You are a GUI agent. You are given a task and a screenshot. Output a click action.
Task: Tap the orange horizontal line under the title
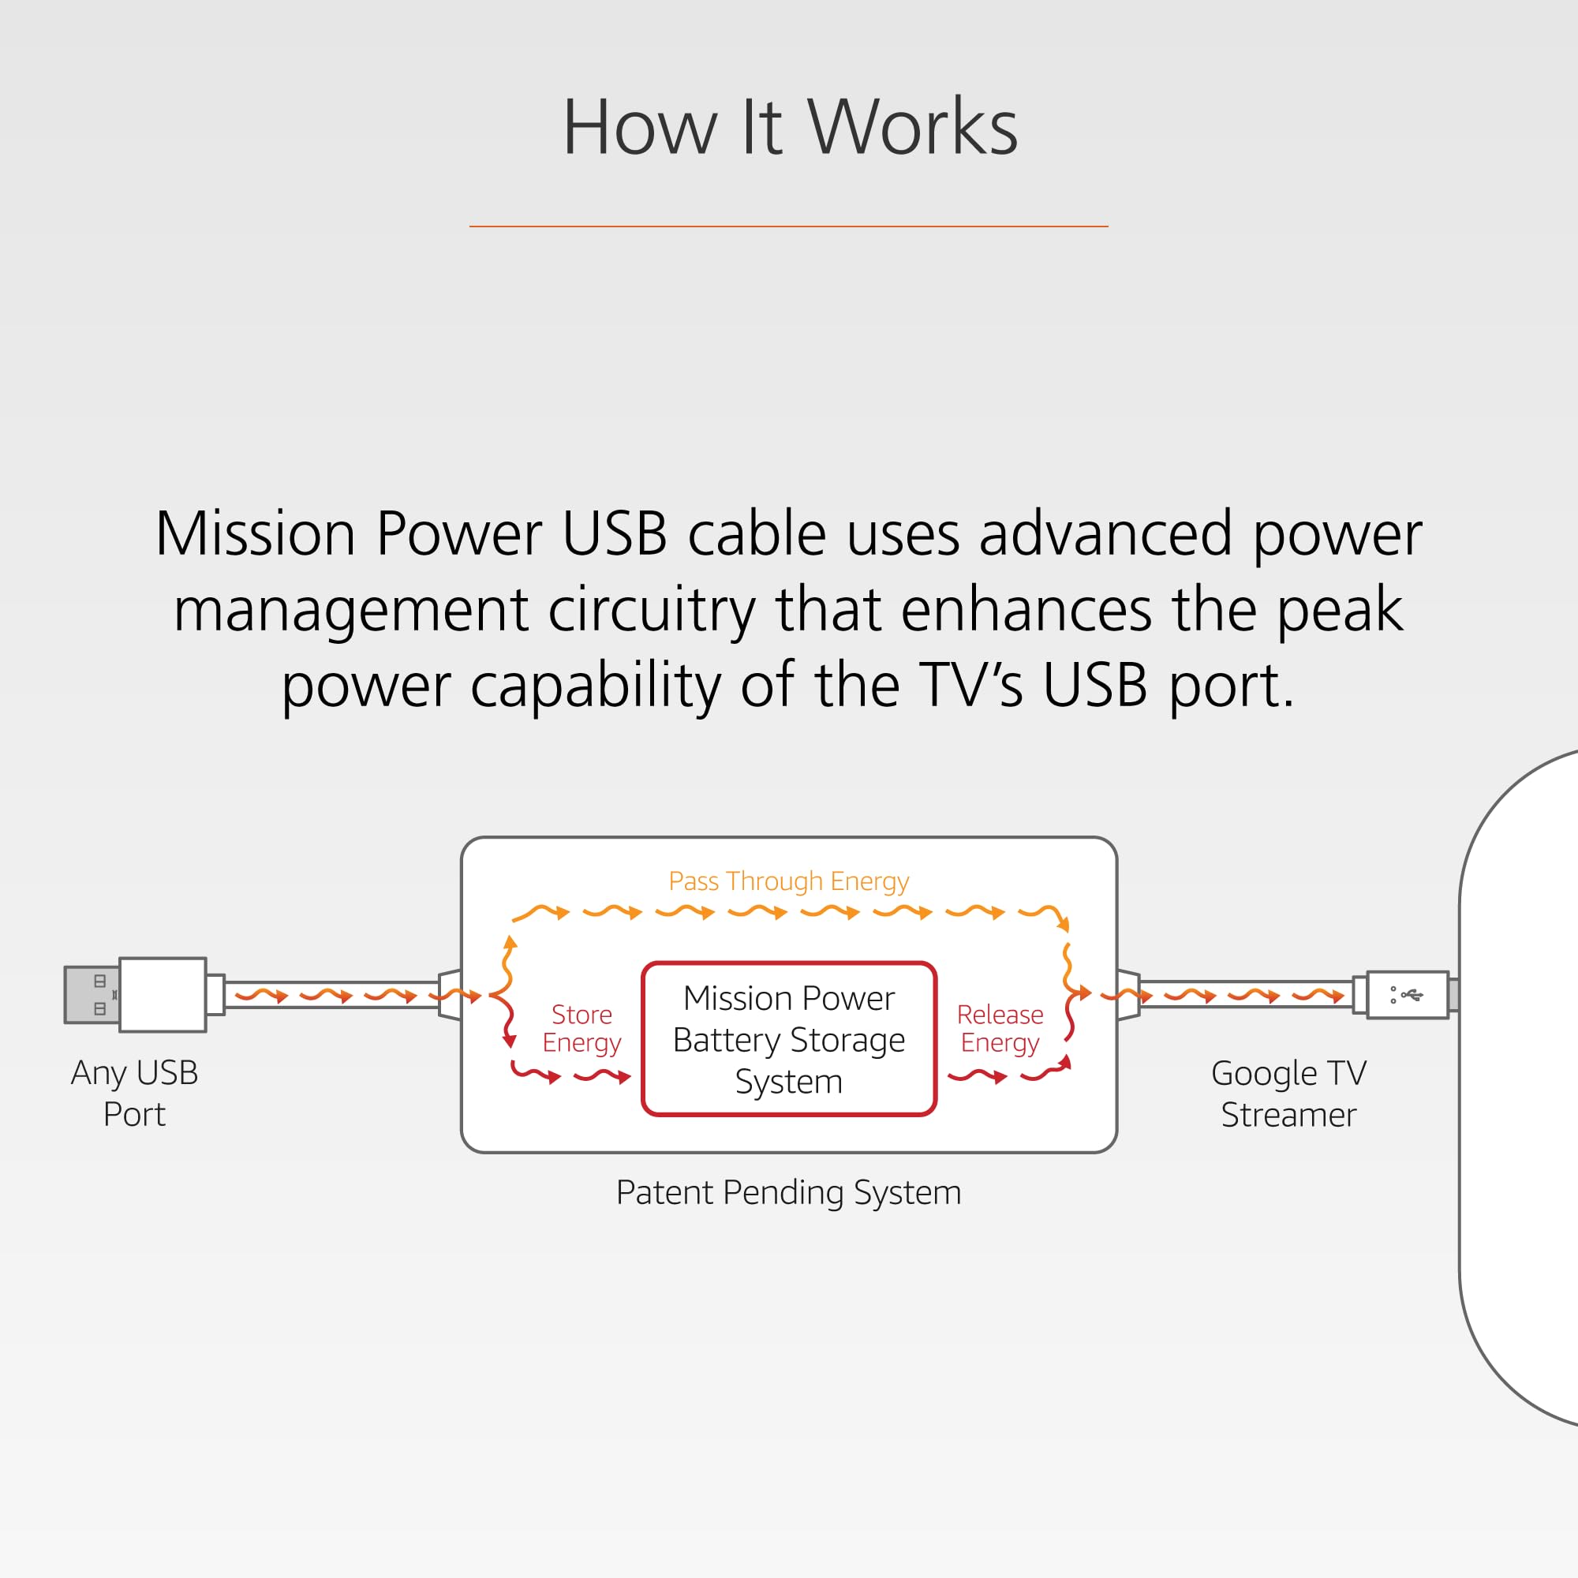[x=788, y=226]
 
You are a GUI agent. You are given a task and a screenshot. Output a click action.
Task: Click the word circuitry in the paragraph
[x=651, y=610]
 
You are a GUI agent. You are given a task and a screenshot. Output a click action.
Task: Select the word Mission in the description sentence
[x=255, y=534]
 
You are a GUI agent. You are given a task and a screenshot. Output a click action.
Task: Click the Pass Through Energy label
[x=788, y=881]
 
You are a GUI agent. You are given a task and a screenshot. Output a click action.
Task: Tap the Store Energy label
[x=581, y=1028]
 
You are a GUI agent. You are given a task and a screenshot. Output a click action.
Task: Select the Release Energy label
[x=1000, y=1028]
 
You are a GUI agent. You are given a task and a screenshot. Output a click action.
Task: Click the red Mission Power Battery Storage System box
[x=788, y=1039]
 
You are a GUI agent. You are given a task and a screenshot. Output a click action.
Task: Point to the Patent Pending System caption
[x=788, y=1192]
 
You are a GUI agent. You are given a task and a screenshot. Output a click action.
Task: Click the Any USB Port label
[x=135, y=1093]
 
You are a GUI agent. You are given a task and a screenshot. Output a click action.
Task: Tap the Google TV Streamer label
[x=1288, y=1094]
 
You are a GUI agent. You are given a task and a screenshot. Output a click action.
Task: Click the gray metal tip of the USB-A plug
[x=92, y=995]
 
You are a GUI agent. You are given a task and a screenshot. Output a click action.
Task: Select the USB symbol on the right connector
[x=1411, y=994]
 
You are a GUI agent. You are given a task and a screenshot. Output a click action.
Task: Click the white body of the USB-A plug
[x=163, y=995]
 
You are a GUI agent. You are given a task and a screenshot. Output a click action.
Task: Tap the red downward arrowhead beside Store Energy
[x=509, y=1041]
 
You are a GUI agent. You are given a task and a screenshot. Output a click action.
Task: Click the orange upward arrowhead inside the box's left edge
[x=510, y=943]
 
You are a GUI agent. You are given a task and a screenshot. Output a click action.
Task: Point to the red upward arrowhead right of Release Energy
[x=1065, y=1062]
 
